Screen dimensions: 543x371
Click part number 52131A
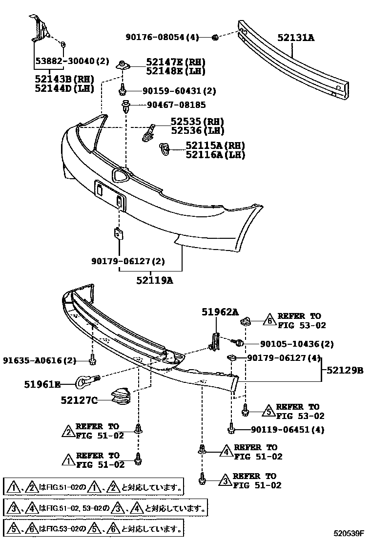pos(296,37)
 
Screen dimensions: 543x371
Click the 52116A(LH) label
pos(215,155)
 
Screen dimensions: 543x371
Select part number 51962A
pos(221,312)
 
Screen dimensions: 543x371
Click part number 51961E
pos(42,385)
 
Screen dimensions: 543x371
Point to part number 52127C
pos(79,400)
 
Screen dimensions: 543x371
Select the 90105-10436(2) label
pos(290,344)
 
